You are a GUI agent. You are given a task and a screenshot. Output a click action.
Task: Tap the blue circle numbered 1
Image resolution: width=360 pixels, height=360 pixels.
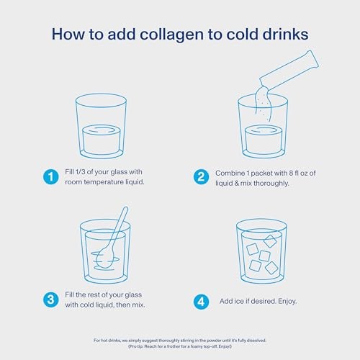coord(50,177)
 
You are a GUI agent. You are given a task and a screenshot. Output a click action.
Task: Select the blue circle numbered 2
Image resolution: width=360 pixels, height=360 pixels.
coord(201,177)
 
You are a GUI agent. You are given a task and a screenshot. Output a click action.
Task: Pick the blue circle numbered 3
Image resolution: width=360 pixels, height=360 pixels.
coord(50,300)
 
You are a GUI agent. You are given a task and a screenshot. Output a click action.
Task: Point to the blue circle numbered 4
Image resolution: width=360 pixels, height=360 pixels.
coord(201,302)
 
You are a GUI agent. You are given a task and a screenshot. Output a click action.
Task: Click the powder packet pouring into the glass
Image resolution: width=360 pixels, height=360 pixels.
coord(289,71)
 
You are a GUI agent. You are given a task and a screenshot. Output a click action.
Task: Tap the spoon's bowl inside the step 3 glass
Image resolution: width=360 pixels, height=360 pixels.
coord(105,257)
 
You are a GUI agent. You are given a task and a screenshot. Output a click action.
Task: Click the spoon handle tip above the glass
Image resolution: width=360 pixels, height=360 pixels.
coord(125,209)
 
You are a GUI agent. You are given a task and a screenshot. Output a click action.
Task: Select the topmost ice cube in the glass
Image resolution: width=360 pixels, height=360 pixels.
coord(270,241)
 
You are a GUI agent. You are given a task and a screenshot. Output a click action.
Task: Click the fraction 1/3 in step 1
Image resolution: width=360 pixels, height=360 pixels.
coord(80,172)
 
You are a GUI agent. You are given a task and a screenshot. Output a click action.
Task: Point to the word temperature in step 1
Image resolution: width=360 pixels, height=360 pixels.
coord(104,182)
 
